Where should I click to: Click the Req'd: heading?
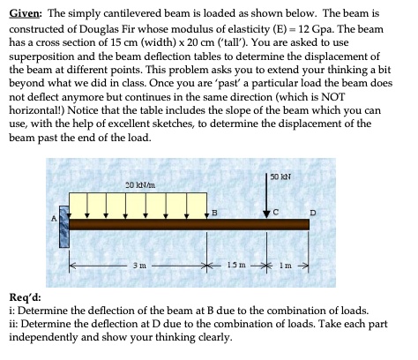[26, 298]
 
